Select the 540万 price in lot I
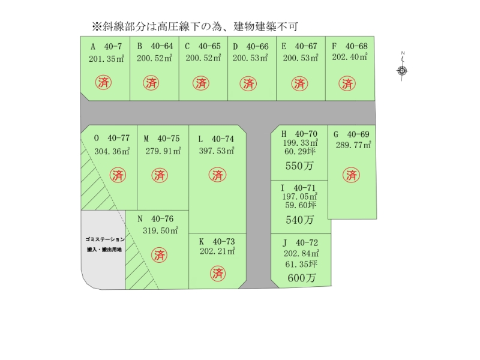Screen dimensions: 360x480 pyautogui.click(x=299, y=220)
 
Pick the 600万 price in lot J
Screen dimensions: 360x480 pyautogui.click(x=301, y=278)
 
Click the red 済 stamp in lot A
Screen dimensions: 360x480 pyautogui.click(x=103, y=83)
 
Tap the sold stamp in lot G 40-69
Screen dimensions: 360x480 pyautogui.click(x=352, y=175)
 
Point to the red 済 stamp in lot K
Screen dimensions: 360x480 pyautogui.click(x=218, y=274)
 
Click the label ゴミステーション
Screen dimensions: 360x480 pyautogui.click(x=104, y=239)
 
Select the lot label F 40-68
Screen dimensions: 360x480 pyautogui.click(x=349, y=46)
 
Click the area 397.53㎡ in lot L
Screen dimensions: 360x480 pyautogui.click(x=217, y=151)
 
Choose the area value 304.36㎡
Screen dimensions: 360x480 pyautogui.click(x=112, y=151)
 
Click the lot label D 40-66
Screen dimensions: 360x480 pyautogui.click(x=250, y=46)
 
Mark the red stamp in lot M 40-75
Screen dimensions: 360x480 pyautogui.click(x=159, y=175)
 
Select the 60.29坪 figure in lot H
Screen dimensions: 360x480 pyautogui.click(x=300, y=152)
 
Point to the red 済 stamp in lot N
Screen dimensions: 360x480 pyautogui.click(x=159, y=254)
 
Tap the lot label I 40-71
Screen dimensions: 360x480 pyautogui.click(x=299, y=188)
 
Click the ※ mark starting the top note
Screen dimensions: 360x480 pyautogui.click(x=95, y=26)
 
